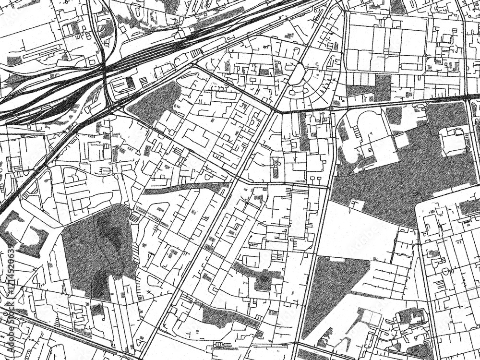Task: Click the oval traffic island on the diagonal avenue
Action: tap(297, 74)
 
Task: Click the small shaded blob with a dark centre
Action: tap(263, 278)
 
